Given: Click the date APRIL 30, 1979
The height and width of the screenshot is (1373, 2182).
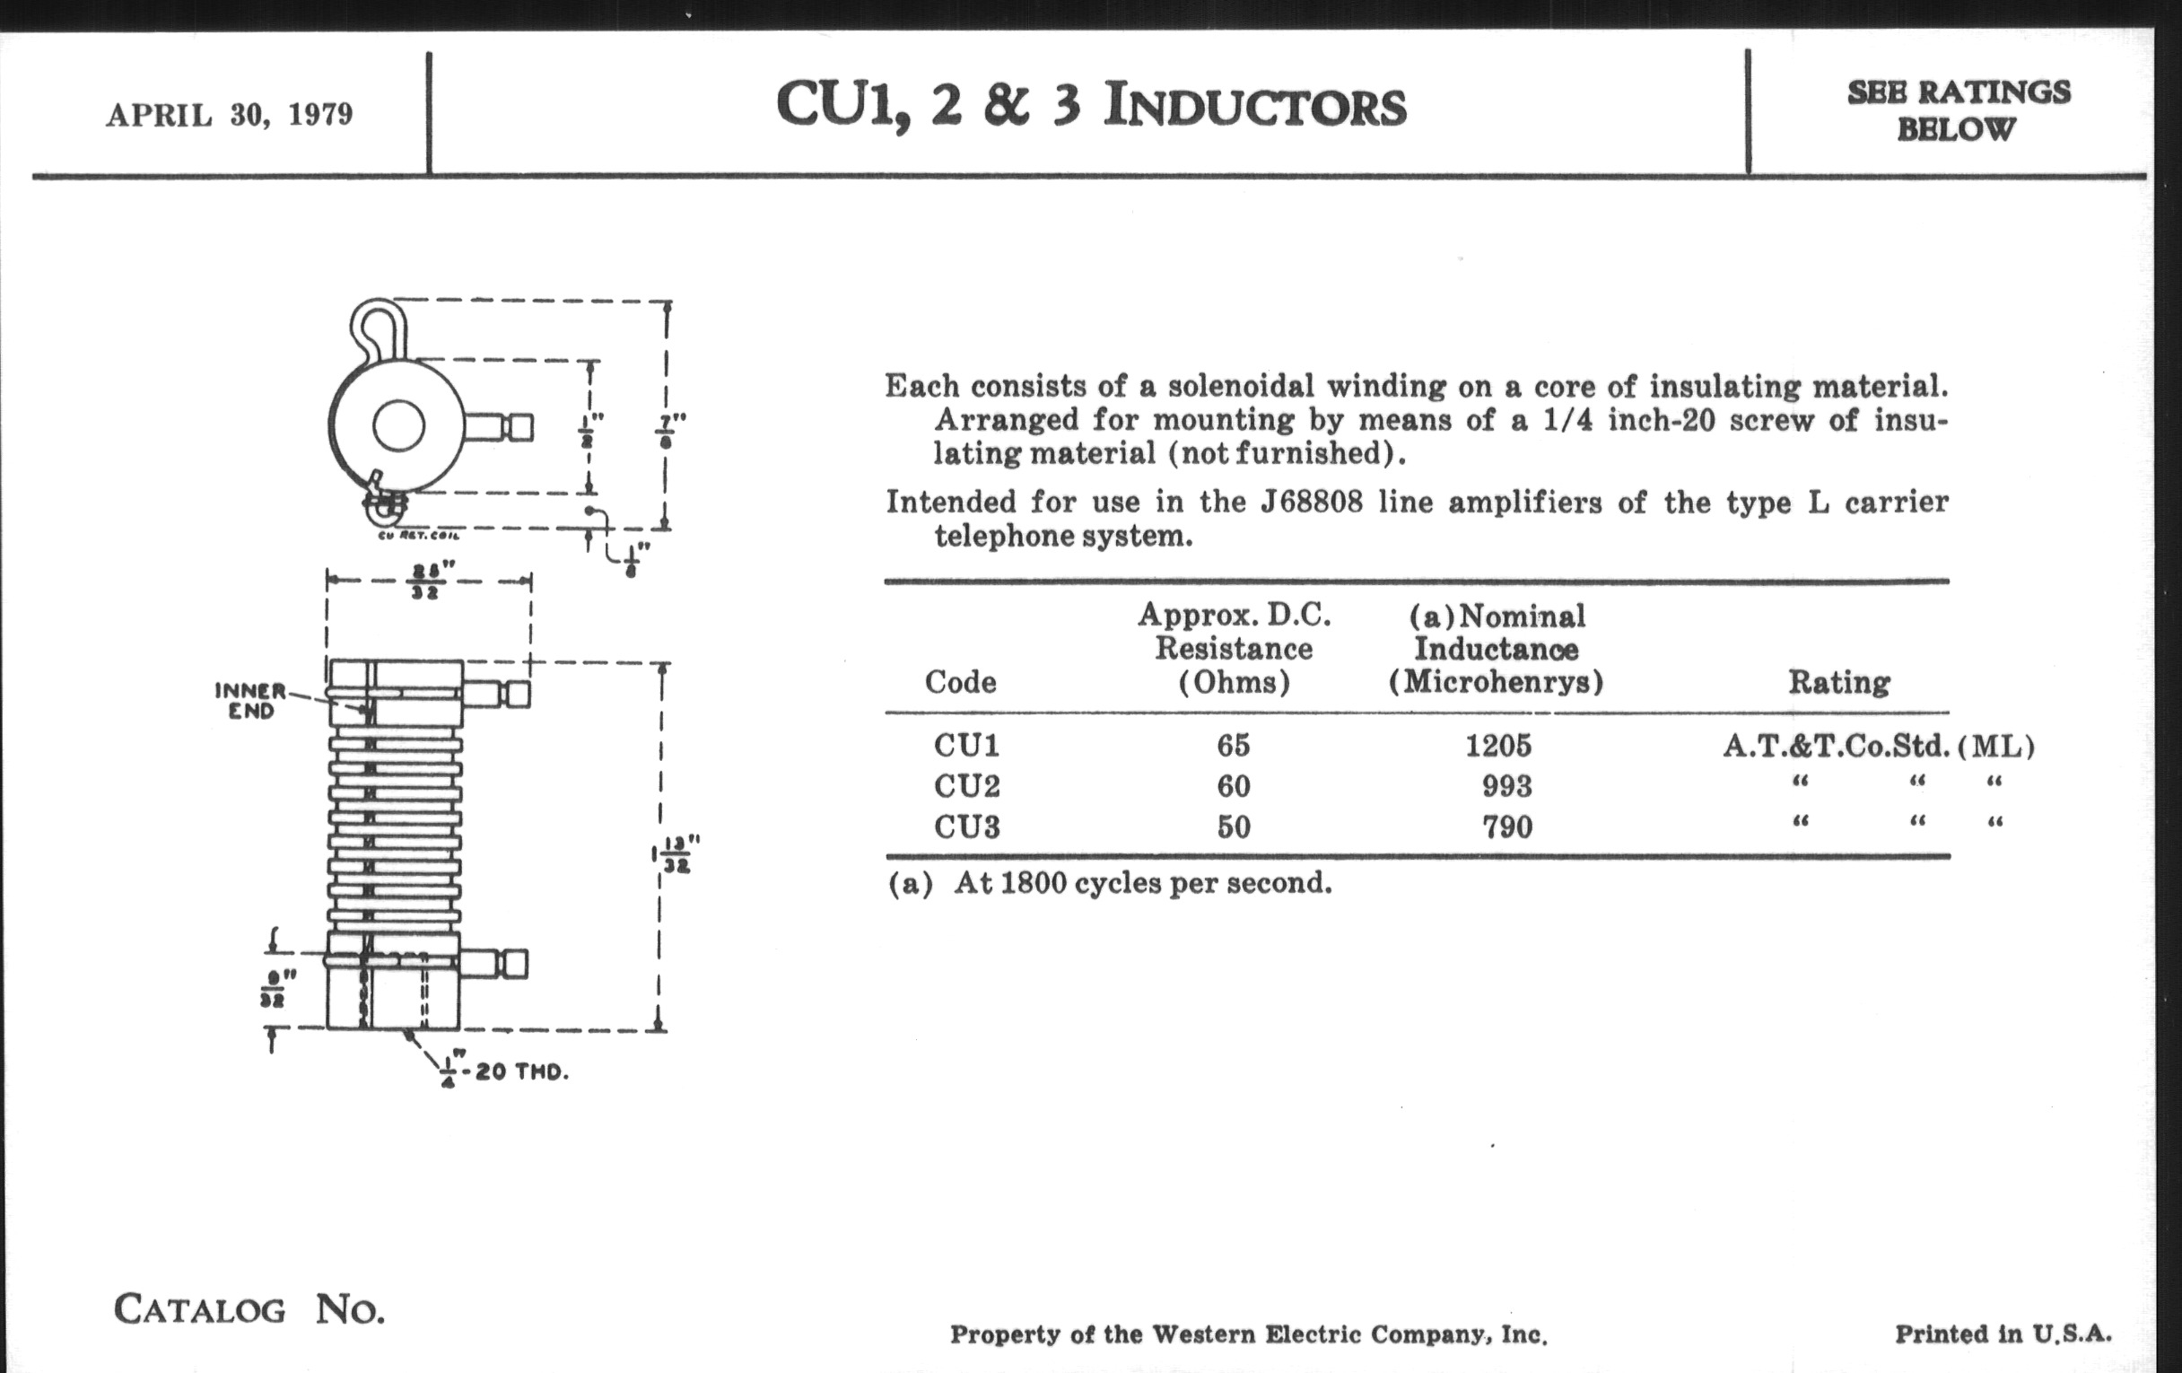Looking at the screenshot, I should tap(230, 115).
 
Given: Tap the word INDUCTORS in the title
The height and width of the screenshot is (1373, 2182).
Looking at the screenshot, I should tap(1255, 106).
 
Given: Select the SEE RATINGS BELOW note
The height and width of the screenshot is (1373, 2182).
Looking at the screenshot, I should tap(1959, 109).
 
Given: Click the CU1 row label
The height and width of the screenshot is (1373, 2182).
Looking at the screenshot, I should tap(967, 745).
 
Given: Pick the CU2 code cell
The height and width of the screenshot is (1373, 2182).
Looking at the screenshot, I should tap(967, 785).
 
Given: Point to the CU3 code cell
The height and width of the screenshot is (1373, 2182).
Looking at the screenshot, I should tap(967, 826).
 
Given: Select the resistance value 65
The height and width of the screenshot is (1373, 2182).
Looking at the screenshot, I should tap(1234, 745).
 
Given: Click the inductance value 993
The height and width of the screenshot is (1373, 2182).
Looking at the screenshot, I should tap(1507, 786).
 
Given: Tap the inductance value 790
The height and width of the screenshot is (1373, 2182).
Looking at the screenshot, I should tap(1507, 826).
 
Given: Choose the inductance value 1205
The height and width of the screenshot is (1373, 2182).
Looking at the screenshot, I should tap(1497, 745).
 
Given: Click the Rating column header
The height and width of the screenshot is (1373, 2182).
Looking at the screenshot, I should tap(1838, 682).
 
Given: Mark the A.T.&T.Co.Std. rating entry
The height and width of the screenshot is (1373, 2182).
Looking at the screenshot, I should tap(1836, 746).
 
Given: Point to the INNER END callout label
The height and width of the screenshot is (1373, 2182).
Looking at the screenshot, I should tap(250, 701).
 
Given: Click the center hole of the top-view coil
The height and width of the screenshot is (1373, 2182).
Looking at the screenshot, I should tap(398, 425).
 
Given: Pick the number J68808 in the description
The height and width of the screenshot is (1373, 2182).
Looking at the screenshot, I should tap(1311, 502).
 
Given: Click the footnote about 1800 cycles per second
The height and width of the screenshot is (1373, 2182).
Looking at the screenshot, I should tap(1109, 883).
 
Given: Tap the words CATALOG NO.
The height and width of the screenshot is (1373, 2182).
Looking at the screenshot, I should tap(249, 1309).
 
